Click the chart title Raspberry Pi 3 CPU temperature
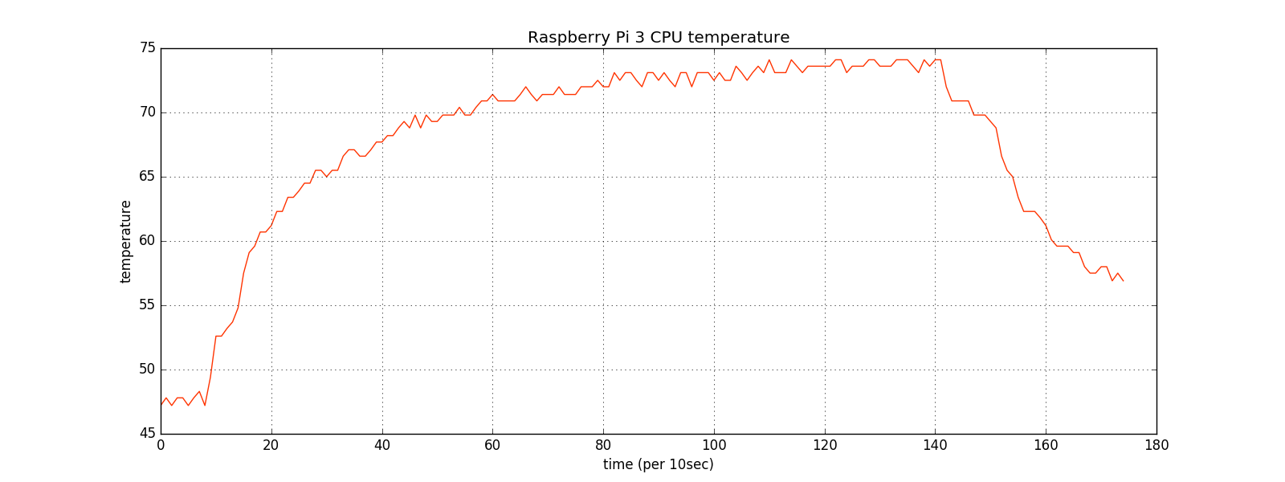[658, 38]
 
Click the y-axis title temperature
[125, 241]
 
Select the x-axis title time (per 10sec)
[658, 464]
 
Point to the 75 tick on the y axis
[148, 48]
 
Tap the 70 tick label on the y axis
[148, 112]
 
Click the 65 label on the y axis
[148, 177]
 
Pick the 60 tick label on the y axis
[148, 241]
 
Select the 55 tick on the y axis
[148, 305]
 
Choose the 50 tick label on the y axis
[148, 370]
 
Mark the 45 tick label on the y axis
[148, 434]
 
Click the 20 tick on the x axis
[271, 444]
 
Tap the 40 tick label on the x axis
[382, 444]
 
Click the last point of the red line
[1123, 280]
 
